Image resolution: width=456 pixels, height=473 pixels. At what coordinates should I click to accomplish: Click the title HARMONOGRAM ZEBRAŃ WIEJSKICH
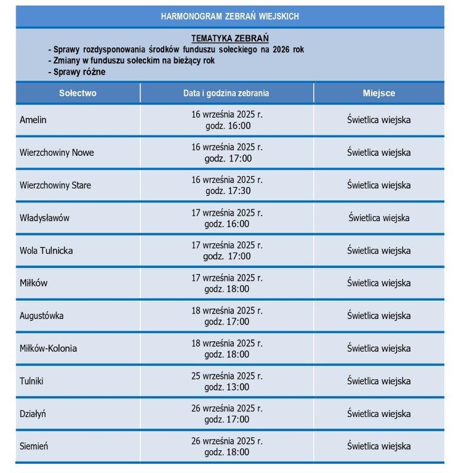(230, 17)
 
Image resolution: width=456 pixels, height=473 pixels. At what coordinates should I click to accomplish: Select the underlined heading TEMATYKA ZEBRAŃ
(230, 38)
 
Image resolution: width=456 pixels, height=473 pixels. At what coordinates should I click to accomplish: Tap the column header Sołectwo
(78, 94)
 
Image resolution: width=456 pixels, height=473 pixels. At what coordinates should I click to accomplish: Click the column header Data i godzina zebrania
(226, 94)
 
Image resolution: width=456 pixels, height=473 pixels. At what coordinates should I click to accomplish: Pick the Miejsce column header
(378, 94)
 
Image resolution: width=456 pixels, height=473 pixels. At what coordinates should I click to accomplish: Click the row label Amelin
(33, 120)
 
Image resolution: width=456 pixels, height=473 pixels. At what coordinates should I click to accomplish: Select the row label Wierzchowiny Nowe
(57, 153)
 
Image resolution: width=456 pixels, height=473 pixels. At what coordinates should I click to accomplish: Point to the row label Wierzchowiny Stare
(55, 185)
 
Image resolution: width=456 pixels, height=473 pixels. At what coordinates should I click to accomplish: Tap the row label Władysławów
(45, 218)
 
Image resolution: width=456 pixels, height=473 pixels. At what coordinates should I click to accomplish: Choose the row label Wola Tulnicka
(46, 251)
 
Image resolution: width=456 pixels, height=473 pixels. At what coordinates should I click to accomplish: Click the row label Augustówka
(41, 316)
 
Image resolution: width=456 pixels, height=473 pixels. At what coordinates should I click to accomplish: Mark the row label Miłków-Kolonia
(48, 349)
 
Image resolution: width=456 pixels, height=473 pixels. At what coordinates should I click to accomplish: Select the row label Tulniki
(31, 381)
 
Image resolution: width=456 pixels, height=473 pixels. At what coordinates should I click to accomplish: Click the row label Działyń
(33, 414)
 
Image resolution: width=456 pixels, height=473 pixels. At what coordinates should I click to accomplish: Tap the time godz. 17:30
(227, 191)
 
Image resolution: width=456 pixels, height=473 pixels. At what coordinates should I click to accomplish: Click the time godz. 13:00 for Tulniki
(227, 387)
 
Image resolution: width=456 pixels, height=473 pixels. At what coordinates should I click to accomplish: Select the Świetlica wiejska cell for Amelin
(378, 120)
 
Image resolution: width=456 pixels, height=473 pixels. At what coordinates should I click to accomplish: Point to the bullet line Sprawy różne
(79, 72)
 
